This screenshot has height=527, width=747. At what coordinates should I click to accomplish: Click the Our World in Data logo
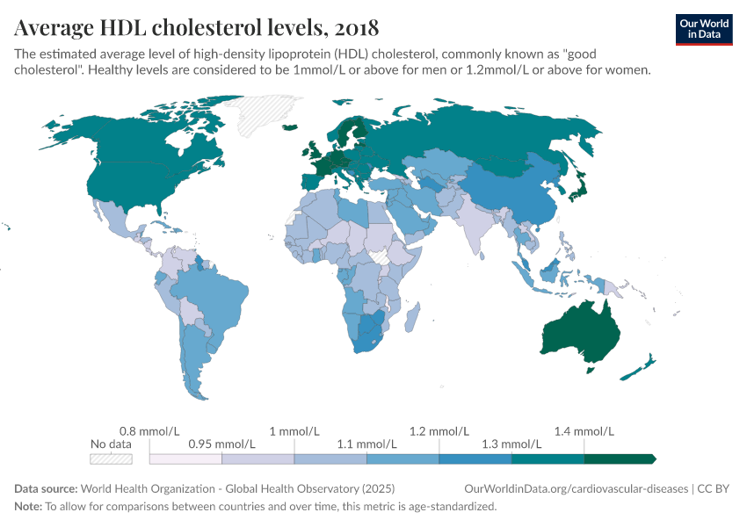pos(703,29)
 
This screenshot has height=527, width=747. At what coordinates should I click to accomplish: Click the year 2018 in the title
pos(355,27)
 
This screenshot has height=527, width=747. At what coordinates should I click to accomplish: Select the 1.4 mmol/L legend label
pos(584,431)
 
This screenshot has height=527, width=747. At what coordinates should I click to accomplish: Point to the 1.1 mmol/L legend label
pos(366,444)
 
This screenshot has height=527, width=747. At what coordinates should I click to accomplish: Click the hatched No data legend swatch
pos(111,458)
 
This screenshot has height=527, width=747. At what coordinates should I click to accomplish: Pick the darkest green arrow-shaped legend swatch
pos(620,458)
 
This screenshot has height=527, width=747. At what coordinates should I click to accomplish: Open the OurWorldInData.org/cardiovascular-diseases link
pos(575,488)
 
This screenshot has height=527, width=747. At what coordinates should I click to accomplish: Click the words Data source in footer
pos(46,488)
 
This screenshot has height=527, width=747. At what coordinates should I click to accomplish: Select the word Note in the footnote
pos(28,507)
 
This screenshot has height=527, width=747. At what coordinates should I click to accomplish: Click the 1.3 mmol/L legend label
pos(511,444)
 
